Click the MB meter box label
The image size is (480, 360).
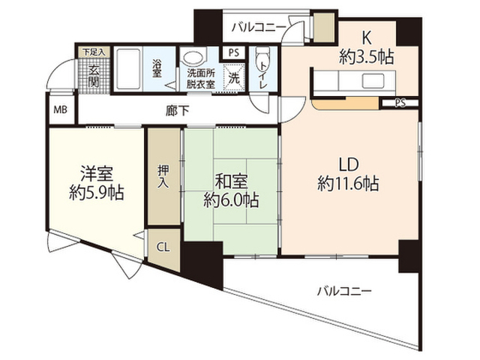coord(60,109)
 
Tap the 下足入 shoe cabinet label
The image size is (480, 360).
coord(94,52)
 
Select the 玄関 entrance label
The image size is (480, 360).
coord(94,76)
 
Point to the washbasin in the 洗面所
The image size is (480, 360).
coord(192,58)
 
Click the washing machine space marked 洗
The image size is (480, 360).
coord(234,78)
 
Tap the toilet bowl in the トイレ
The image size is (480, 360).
coord(262,56)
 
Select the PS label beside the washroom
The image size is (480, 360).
coord(234,53)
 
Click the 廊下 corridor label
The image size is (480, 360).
coord(177,111)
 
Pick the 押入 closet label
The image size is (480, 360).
coord(163,177)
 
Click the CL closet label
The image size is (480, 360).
coord(163,247)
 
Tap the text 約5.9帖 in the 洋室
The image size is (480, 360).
coord(97,193)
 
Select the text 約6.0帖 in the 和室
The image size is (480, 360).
coord(232,200)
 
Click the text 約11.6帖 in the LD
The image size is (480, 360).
coord(348,184)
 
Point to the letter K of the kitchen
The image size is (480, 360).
coord(367,38)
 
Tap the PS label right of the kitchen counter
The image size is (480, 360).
coord(400,103)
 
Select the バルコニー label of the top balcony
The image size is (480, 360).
coord(259,28)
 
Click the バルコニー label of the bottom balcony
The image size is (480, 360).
coord(344,291)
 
